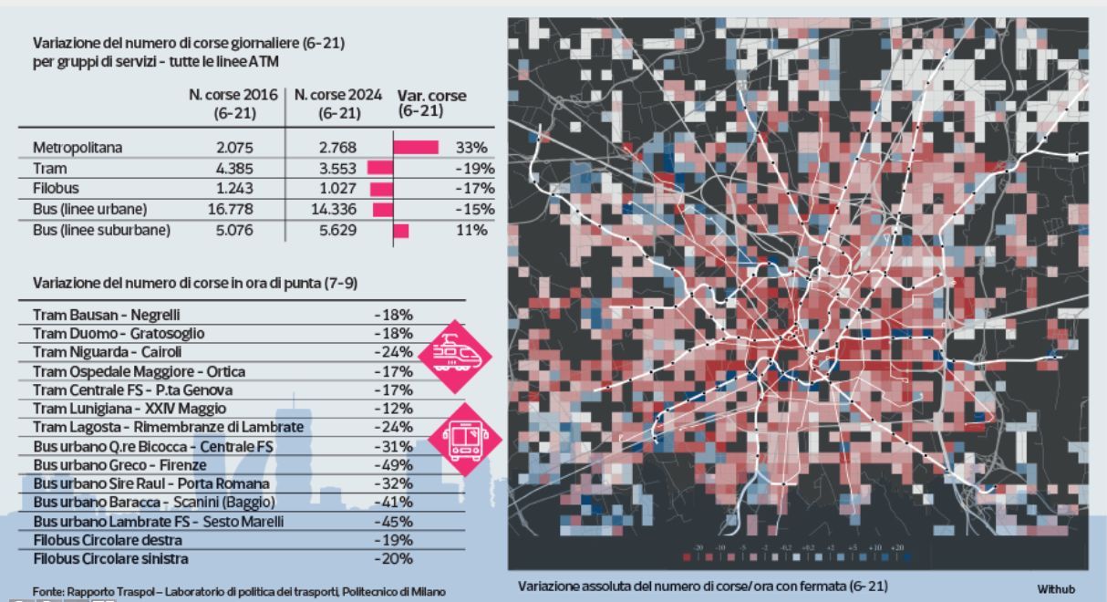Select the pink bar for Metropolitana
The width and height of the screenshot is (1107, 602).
click(x=416, y=148)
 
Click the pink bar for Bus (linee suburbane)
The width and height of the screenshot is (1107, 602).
click(x=401, y=231)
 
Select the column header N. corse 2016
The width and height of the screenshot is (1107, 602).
click(x=233, y=104)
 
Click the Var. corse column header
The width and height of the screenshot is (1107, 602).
click(x=431, y=102)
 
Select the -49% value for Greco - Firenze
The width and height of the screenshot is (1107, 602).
click(x=393, y=464)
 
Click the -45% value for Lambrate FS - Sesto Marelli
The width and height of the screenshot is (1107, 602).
click(x=393, y=521)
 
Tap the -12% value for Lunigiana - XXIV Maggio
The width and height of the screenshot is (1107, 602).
click(x=393, y=408)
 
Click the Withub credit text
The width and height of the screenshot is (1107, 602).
click(x=1058, y=589)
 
